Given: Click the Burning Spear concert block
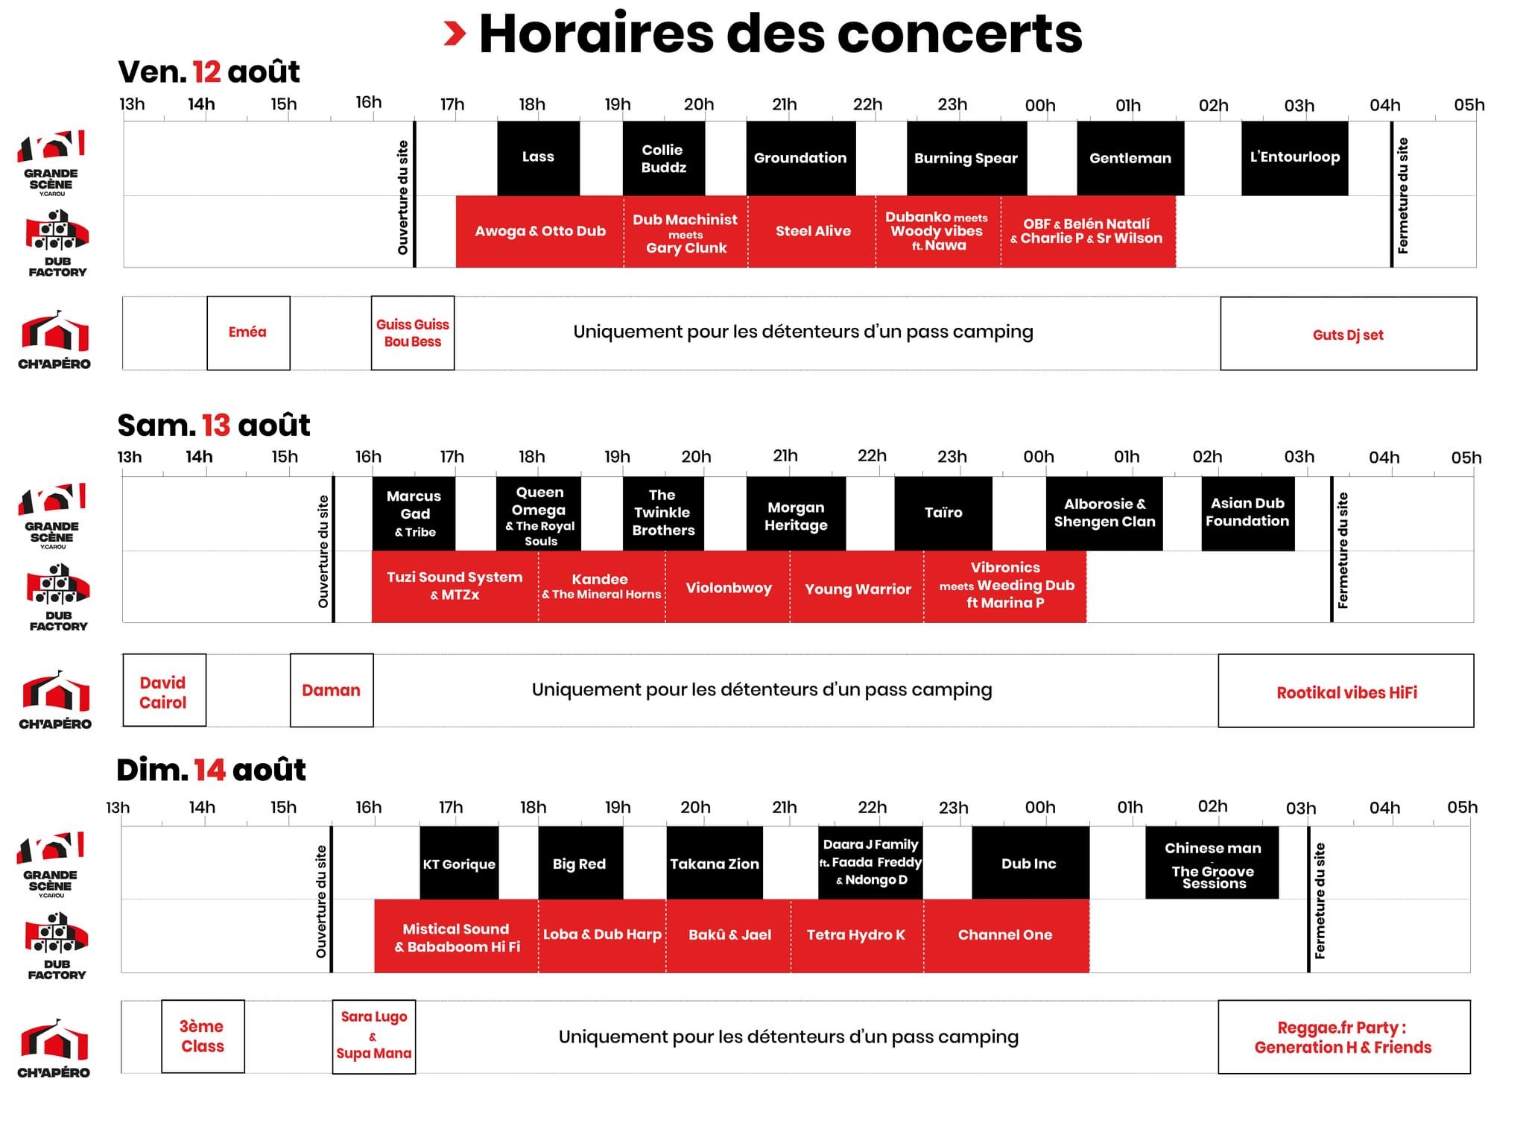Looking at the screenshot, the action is pos(966,158).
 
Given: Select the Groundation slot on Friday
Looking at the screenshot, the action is pos(801,158).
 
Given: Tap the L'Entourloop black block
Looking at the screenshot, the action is pos(1294,158).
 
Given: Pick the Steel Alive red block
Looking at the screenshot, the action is pos(812,231).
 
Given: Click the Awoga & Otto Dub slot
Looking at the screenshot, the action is pos(540,231).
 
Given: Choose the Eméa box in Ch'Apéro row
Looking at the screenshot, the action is pos(248,332).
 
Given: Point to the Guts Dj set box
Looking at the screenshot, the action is pos(1349,334).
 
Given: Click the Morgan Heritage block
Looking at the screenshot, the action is pos(796,514).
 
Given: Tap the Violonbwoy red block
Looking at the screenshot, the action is pos(728,587).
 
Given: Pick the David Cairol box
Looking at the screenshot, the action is pos(164,690).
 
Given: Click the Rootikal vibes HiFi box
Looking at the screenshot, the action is pos(1346,691).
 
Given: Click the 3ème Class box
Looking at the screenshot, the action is pos(203,1037).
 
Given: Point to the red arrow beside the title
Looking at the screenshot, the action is pos(455,34).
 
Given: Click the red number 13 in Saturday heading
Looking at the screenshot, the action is pos(216,426).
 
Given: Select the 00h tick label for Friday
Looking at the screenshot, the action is pos(1040,106).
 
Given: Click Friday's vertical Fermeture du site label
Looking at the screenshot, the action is pos(1403,195).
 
